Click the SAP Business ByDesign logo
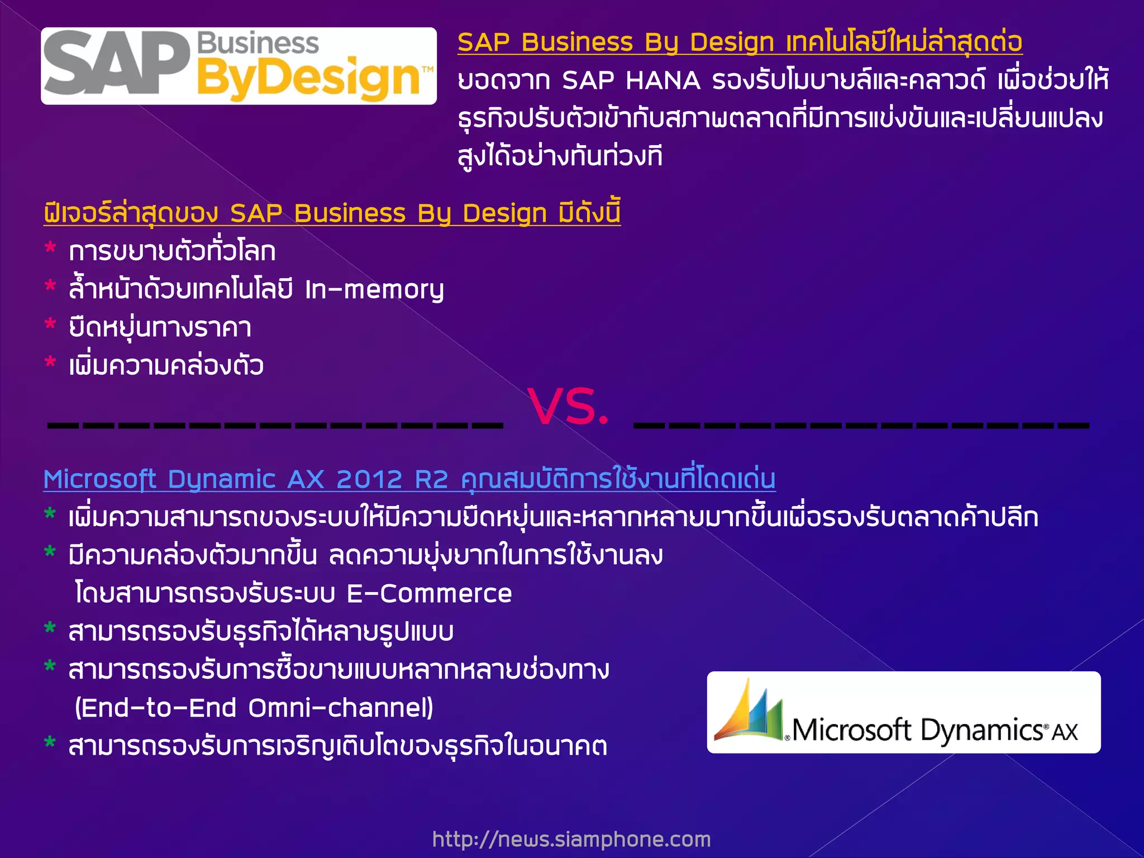tap(239, 66)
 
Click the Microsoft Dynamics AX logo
tap(903, 712)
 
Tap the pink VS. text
tap(568, 406)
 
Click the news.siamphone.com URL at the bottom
tap(571, 838)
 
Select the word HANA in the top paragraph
tap(663, 81)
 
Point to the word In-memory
tap(374, 290)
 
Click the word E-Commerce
tap(429, 594)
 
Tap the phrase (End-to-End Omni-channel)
tap(254, 708)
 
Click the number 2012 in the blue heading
tap(369, 479)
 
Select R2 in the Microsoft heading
tap(432, 479)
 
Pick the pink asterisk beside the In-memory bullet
tap(50, 287)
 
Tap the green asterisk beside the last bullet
tap(50, 743)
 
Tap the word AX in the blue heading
tap(306, 479)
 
